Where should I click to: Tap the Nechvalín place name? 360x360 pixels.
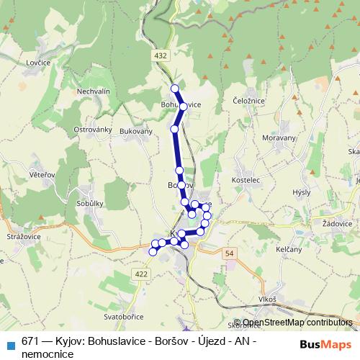click(93, 91)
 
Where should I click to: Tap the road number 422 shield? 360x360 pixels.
click(141, 274)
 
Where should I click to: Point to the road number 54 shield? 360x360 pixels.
click(230, 254)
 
